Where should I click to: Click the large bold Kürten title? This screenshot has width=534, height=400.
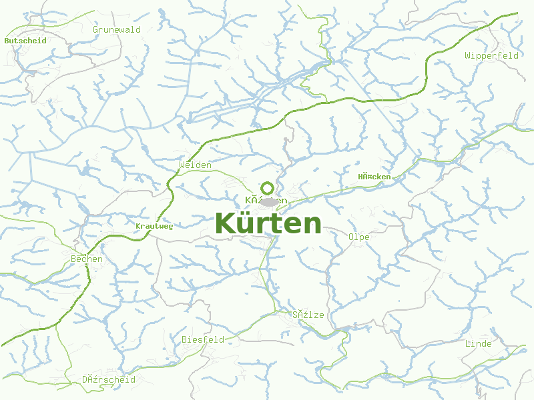[268, 223]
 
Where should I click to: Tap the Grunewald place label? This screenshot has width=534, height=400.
[117, 29]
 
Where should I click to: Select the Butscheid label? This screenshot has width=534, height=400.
[25, 40]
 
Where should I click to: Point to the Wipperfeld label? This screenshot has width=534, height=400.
[492, 55]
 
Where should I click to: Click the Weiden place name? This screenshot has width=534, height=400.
[195, 165]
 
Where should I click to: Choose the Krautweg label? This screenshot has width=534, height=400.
[154, 226]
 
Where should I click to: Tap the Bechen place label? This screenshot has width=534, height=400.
[87, 259]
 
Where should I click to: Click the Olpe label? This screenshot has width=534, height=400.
[358, 237]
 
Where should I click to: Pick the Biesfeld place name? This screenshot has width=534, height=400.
[203, 339]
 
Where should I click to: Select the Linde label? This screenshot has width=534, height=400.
[478, 343]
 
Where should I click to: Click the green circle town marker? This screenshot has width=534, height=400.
[268, 188]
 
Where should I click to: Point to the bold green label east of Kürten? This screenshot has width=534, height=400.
[374, 177]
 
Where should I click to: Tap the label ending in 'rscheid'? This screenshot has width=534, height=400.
[109, 379]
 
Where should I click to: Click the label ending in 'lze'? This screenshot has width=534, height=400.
[308, 315]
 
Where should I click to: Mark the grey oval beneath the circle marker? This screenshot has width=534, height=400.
[269, 201]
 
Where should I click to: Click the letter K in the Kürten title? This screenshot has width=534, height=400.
[224, 223]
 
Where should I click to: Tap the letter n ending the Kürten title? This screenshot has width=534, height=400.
[313, 225]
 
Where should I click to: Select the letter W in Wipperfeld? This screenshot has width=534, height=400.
[468, 55]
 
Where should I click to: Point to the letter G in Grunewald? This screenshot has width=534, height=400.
[96, 29]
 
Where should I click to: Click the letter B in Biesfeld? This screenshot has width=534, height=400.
[185, 339]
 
